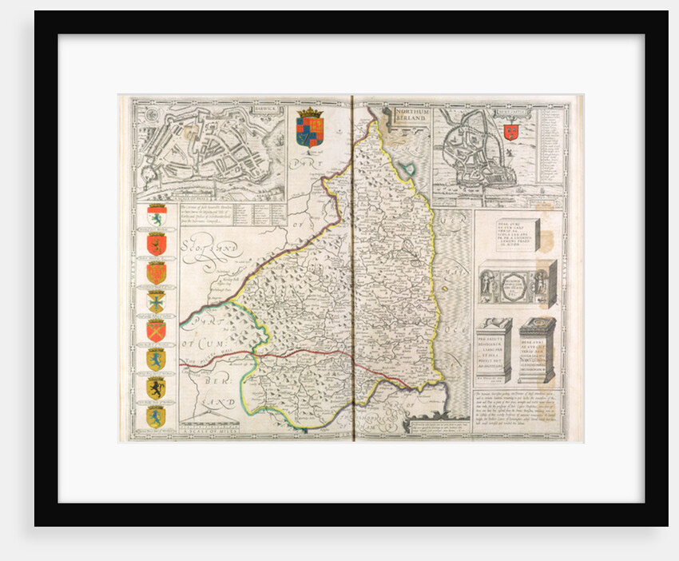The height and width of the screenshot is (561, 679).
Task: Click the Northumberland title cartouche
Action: tap(410, 117)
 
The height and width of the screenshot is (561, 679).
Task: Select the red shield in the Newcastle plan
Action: tap(511, 132)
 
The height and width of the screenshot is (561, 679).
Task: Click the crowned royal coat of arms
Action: tap(310, 126)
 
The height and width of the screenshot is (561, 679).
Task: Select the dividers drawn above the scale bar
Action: tap(206, 422)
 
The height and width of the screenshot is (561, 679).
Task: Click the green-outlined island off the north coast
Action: tap(408, 169)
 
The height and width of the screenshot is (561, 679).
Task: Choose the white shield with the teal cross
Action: tap(156, 301)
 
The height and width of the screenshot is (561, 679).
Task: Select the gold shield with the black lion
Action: tap(156, 388)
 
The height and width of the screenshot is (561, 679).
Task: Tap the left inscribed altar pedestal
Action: tap(494, 349)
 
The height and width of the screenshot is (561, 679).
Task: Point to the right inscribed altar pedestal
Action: tap(536, 349)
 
